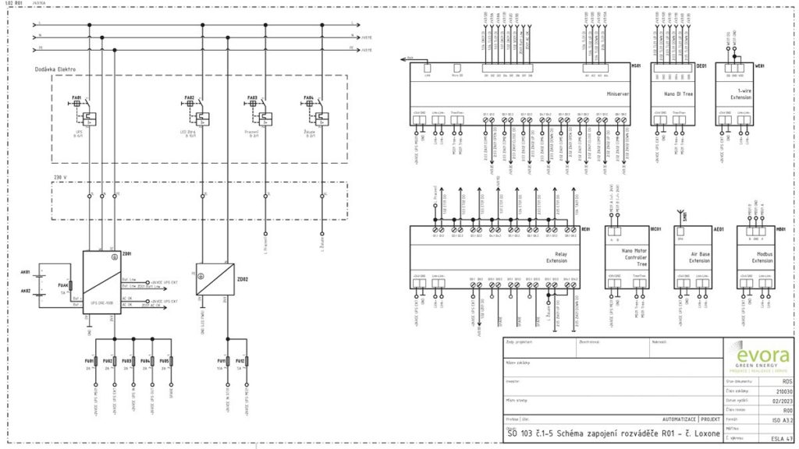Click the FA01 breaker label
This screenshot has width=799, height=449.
click(x=76, y=98)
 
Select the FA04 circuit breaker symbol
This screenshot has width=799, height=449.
click(x=319, y=116)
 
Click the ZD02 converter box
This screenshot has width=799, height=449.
click(x=215, y=279)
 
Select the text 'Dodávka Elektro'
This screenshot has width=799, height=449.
click(x=55, y=69)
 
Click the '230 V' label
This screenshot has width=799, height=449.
click(x=59, y=178)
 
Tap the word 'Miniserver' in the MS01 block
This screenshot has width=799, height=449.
click(x=618, y=94)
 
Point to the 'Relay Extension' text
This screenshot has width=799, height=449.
click(x=557, y=256)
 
